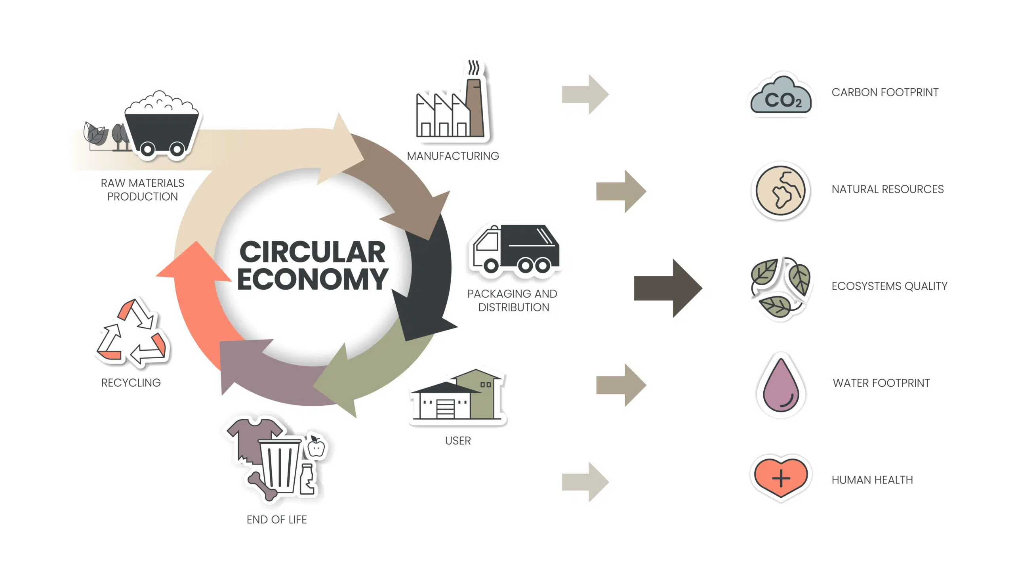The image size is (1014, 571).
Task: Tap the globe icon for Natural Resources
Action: point(780,191)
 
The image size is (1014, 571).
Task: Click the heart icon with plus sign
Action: point(780,477)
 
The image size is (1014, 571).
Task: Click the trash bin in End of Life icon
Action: point(279,466)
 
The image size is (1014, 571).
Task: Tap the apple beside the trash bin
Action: point(316,448)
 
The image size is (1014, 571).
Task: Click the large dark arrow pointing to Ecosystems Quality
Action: point(668,288)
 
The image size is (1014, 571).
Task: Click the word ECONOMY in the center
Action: point(313,279)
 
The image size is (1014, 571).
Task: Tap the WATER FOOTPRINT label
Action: point(881,383)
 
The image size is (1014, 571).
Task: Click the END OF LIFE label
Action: point(276,519)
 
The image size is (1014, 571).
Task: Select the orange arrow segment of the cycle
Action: point(194,301)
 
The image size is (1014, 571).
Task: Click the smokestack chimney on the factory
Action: point(475,107)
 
